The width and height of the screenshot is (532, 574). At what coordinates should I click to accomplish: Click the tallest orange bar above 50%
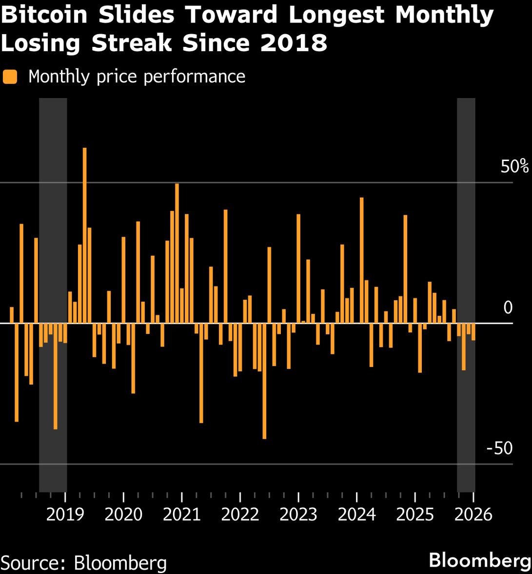tap(84, 234)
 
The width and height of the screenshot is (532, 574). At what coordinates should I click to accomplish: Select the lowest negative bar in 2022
tap(264, 381)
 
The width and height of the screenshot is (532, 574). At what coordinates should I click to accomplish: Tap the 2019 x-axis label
tap(65, 514)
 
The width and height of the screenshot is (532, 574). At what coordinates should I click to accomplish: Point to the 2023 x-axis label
tap(298, 514)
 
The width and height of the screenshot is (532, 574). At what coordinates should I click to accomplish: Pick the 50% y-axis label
tap(514, 167)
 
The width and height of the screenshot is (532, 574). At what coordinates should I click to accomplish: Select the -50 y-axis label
tap(499, 448)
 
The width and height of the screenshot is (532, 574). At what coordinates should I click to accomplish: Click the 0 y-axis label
tap(508, 308)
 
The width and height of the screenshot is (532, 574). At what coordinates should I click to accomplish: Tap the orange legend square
tap(10, 77)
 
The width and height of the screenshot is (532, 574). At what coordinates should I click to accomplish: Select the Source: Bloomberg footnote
tap(84, 562)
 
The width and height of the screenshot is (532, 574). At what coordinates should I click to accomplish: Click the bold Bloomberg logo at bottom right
tap(480, 560)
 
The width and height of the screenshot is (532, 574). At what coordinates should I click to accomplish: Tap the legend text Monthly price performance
tap(137, 77)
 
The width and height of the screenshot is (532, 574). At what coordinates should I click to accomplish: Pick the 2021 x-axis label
tap(182, 514)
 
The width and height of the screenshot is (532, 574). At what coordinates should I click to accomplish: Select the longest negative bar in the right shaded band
tap(464, 347)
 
